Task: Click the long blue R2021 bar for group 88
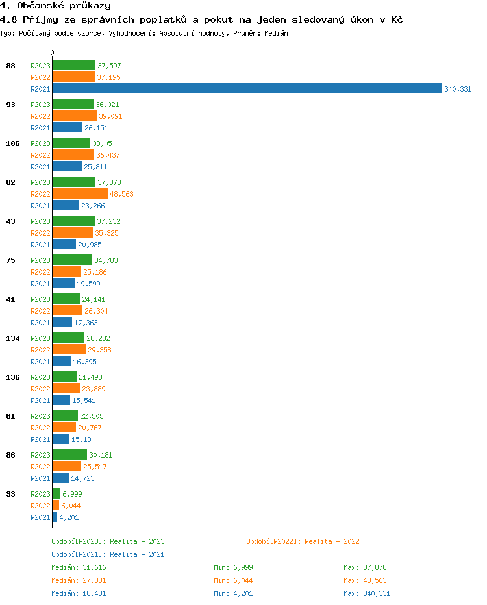[247, 89]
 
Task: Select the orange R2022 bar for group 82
[80, 194]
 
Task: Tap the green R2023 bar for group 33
[56, 494]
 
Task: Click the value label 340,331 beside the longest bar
[458, 89]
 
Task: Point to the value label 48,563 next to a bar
[121, 194]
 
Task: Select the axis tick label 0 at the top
[53, 53]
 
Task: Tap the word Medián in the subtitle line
[275, 33]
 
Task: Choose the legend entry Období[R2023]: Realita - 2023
[108, 541]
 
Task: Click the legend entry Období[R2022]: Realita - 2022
[303, 541]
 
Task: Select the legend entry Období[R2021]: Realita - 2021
[108, 554]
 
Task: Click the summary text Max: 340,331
[367, 593]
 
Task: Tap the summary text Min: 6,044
[235, 580]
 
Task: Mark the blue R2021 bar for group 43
[64, 245]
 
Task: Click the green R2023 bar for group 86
[69, 455]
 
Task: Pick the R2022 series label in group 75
[40, 272]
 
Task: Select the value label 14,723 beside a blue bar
[82, 478]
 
